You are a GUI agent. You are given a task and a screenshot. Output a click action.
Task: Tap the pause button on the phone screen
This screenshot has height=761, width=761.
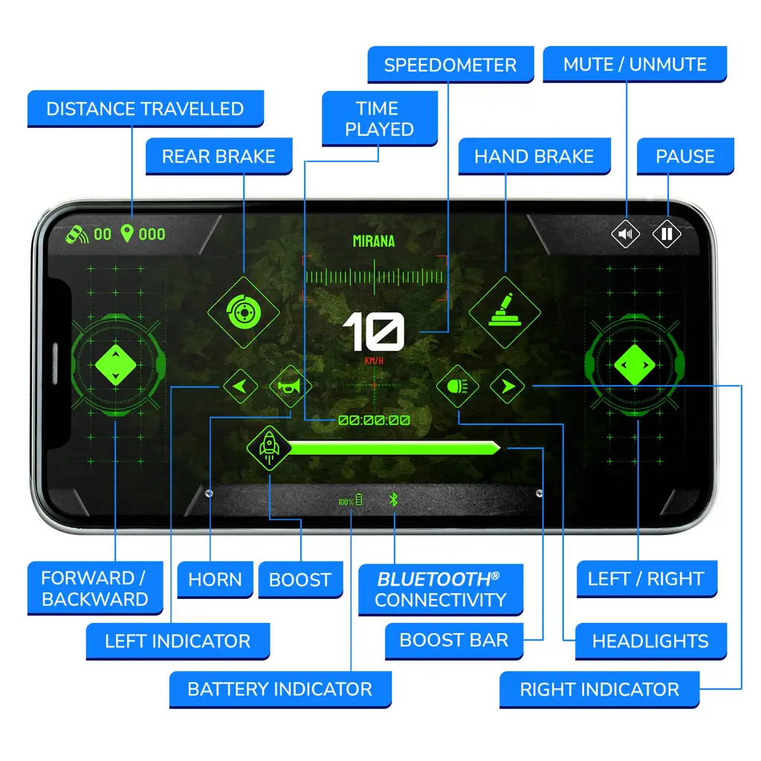(667, 234)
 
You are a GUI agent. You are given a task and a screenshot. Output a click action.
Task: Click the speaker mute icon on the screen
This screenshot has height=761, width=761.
(626, 234)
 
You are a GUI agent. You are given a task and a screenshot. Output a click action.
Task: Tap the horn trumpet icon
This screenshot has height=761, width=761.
(290, 386)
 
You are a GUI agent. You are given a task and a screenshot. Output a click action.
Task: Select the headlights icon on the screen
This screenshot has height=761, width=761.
(457, 386)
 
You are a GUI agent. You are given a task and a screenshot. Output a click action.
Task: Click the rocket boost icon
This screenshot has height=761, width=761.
(269, 448)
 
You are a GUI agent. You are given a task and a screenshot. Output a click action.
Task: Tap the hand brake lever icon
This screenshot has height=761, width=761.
(505, 312)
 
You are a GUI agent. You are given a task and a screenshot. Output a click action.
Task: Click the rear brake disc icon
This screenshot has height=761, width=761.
(244, 312)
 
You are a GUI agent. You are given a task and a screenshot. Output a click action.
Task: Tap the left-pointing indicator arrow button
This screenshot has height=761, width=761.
(240, 386)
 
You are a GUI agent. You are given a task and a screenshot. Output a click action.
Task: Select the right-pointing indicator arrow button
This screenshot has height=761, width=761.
(507, 386)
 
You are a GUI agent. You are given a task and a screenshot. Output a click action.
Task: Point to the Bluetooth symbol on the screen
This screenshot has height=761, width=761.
(394, 499)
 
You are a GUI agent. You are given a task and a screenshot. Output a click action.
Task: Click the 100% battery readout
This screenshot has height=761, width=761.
(350, 500)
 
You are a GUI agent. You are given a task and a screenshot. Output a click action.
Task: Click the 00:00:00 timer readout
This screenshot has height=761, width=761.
(374, 421)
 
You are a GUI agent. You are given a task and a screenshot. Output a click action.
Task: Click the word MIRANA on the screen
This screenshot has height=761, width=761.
(374, 242)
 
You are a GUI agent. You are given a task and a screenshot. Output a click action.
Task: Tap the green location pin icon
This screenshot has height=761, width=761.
(127, 233)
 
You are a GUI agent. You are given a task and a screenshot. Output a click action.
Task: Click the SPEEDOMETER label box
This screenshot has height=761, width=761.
(450, 65)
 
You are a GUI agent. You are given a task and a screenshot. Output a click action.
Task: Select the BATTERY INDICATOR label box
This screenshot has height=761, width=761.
(280, 689)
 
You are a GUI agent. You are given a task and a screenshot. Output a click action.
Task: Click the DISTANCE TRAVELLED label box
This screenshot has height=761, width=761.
(145, 109)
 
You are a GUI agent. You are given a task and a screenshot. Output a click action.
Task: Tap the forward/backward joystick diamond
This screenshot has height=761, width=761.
(115, 365)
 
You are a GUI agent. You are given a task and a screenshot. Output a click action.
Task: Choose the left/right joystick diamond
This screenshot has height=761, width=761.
(635, 365)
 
